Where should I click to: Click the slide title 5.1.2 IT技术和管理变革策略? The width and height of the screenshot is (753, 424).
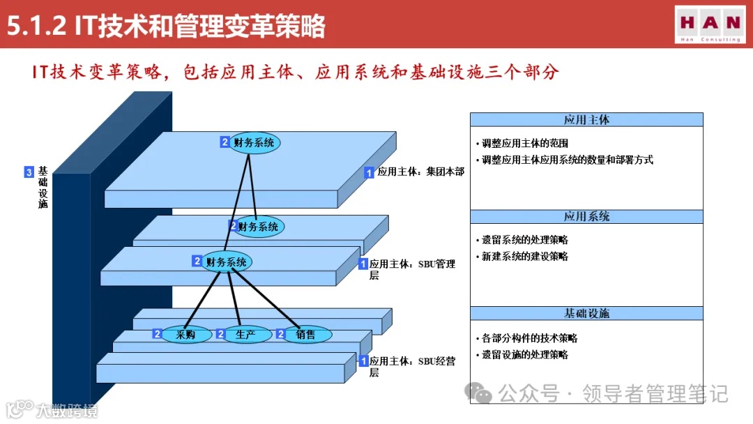pyautogui.click(x=166, y=26)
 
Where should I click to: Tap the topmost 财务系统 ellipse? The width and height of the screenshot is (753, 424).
pyautogui.click(x=254, y=142)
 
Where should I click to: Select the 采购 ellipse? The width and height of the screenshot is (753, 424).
pyautogui.click(x=185, y=335)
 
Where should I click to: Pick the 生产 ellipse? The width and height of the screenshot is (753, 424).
pyautogui.click(x=245, y=335)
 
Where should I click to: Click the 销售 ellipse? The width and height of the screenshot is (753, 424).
pyautogui.click(x=305, y=335)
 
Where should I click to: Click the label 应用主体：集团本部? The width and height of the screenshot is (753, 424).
pyautogui.click(x=420, y=172)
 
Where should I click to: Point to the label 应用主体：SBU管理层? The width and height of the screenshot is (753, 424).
pyautogui.click(x=412, y=269)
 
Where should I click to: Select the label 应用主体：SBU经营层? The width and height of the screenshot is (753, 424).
pyautogui.click(x=412, y=366)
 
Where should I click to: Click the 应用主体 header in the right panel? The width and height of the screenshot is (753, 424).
pyautogui.click(x=586, y=120)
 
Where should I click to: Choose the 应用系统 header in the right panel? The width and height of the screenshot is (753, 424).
pyautogui.click(x=586, y=217)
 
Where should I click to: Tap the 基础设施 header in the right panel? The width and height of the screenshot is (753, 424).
pyautogui.click(x=586, y=314)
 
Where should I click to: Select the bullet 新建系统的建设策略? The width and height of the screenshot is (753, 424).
pyautogui.click(x=524, y=257)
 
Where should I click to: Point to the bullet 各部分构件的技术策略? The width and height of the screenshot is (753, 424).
pyautogui.click(x=529, y=338)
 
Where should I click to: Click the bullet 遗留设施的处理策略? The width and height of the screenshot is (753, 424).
pyautogui.click(x=524, y=354)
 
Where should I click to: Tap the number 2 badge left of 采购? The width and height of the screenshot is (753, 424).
pyautogui.click(x=158, y=335)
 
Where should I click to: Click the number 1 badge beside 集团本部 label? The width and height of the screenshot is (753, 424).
pyautogui.click(x=370, y=172)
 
